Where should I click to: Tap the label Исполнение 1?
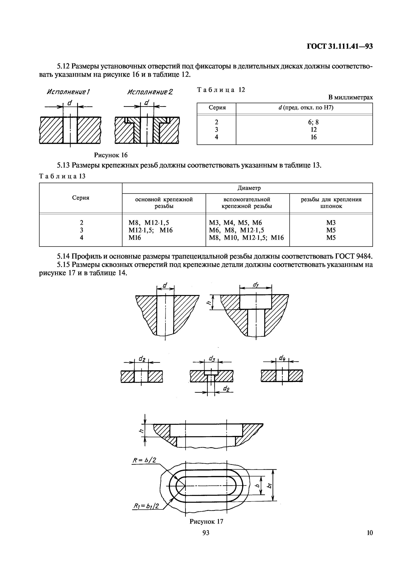coord(69,92)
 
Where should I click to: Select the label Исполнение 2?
coord(150,92)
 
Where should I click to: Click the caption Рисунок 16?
coord(111,155)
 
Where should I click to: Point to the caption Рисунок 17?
coord(206,521)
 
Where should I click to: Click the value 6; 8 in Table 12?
coord(313,122)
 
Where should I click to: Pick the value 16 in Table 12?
coord(313,137)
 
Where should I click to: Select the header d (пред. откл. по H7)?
coord(305,108)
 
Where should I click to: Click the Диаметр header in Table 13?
coord(249,188)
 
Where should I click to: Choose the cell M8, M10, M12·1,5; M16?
coord(246,238)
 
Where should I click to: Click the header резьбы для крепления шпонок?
coord(331,203)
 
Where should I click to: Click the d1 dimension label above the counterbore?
coord(255,285)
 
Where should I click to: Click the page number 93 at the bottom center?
coord(206,533)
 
